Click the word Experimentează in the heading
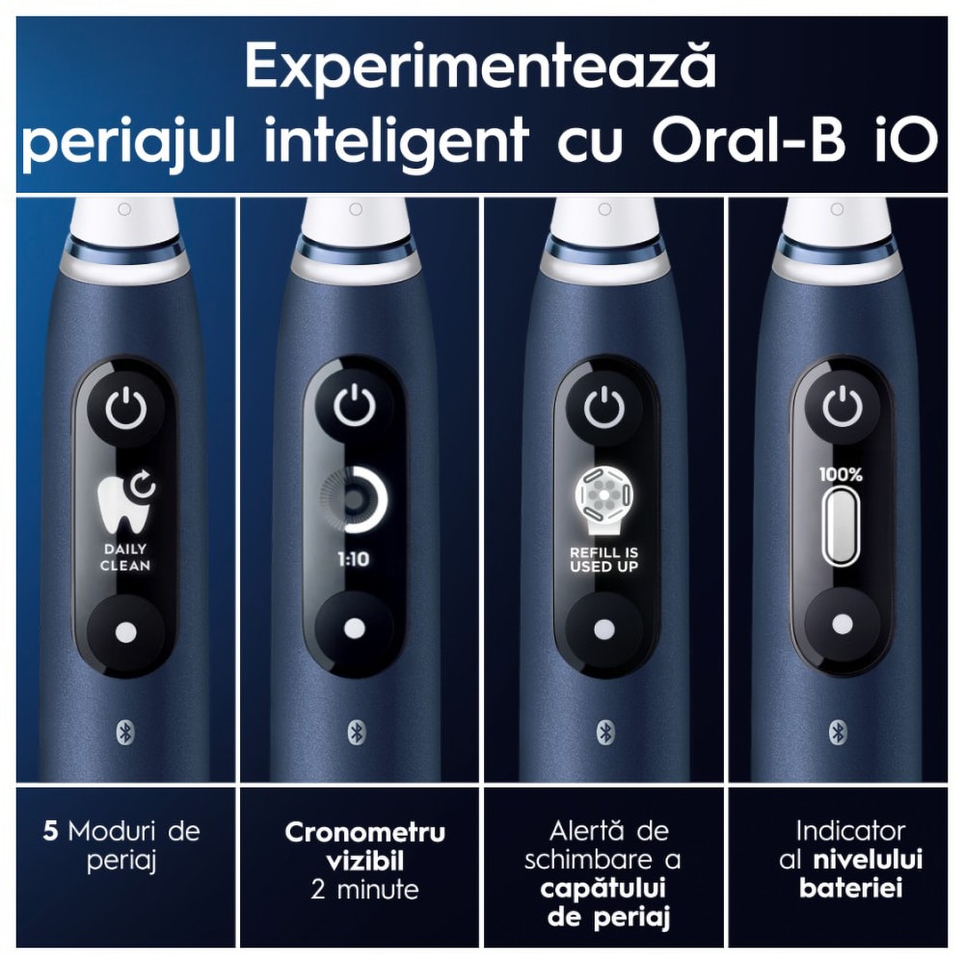481,67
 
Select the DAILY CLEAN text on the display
125,557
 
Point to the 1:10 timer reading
354,559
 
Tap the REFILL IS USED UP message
603,559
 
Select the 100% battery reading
841,474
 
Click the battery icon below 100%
841,525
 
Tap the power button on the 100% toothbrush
843,407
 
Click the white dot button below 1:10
354,629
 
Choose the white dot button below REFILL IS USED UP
603,629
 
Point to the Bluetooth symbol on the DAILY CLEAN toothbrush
126,733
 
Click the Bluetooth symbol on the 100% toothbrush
838,732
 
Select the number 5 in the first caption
50,831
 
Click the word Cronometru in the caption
364,833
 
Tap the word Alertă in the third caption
588,831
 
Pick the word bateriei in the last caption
851,888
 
